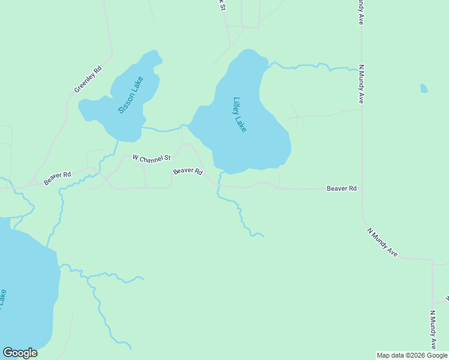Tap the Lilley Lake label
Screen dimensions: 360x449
pos(240,115)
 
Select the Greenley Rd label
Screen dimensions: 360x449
pos(88,79)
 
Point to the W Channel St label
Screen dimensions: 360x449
pos(151,158)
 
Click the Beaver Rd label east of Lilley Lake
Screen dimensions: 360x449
pos(342,188)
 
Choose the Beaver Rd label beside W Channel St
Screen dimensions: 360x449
pos(187,171)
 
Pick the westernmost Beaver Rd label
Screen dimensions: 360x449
pos(57,178)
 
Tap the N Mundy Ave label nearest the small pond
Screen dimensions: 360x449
pos(361,84)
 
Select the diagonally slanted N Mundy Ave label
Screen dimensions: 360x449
pos(382,242)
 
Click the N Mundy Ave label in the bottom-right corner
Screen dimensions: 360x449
pos(433,330)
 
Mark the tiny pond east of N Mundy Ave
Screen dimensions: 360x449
pos(424,88)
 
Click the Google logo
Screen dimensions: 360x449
pos(20,353)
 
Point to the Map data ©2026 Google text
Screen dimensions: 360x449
pos(412,355)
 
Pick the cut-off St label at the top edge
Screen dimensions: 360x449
pos(221,4)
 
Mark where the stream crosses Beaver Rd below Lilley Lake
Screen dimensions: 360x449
pos(218,185)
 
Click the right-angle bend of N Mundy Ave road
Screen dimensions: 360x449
pos(432,260)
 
